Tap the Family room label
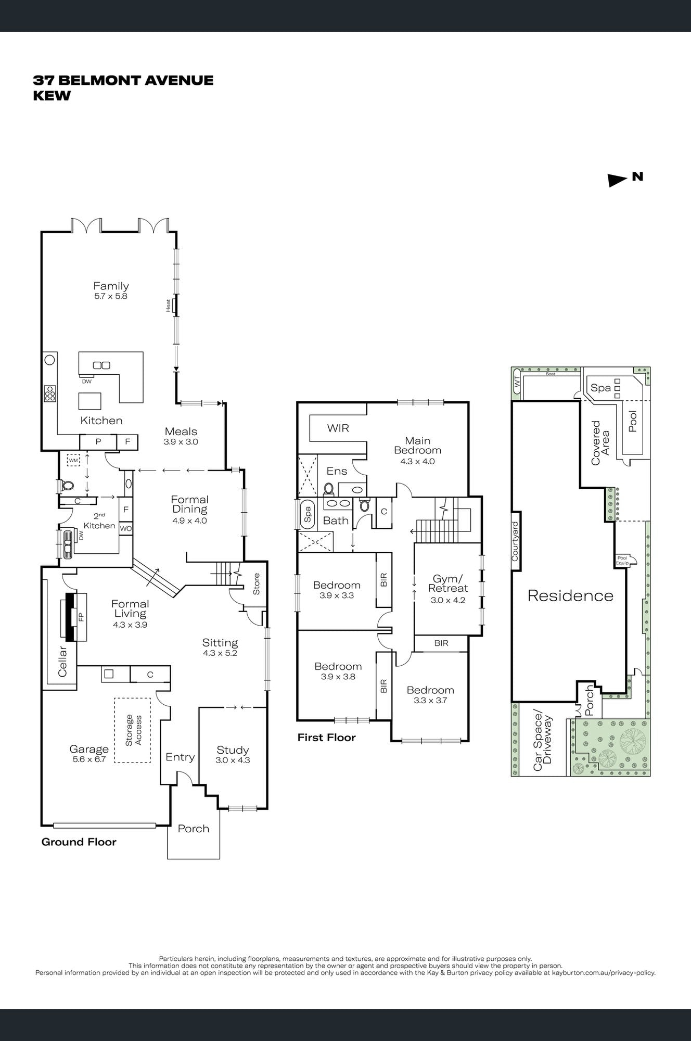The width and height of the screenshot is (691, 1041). pyautogui.click(x=111, y=286)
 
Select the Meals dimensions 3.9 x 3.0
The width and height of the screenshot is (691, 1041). pyautogui.click(x=181, y=442)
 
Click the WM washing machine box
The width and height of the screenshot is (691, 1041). pyautogui.click(x=74, y=460)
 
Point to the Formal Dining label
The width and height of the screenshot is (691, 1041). pyautogui.click(x=189, y=504)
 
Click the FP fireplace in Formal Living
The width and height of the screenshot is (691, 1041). pyautogui.click(x=80, y=617)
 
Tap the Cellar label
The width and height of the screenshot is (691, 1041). pyautogui.click(x=62, y=661)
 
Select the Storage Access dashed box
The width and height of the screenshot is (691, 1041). pyautogui.click(x=133, y=730)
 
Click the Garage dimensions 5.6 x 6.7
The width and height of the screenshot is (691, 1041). pyautogui.click(x=89, y=759)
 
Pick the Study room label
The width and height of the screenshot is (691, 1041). pyautogui.click(x=233, y=750)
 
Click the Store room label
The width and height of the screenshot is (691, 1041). pyautogui.click(x=256, y=584)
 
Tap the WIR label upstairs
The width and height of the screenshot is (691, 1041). pyautogui.click(x=338, y=428)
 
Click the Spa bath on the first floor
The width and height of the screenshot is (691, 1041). pyautogui.click(x=307, y=515)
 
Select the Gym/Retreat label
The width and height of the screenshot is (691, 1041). pyautogui.click(x=447, y=583)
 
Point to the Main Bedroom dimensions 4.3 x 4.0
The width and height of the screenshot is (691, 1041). pyautogui.click(x=417, y=461)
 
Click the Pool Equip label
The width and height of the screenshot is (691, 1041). pyautogui.click(x=622, y=560)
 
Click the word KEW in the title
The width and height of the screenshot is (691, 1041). pyautogui.click(x=52, y=96)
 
